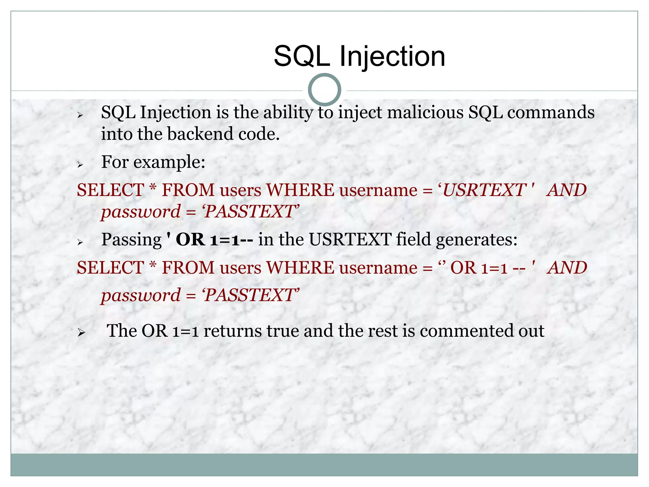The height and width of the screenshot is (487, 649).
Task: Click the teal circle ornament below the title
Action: tap(324, 90)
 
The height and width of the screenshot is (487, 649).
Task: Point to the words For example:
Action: tap(153, 162)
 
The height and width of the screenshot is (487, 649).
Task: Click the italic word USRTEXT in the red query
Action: tap(484, 190)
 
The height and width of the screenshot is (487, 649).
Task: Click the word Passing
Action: tap(131, 240)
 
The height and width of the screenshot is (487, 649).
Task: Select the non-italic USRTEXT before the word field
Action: tap(350, 239)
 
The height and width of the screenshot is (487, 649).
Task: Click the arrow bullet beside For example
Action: tap(80, 165)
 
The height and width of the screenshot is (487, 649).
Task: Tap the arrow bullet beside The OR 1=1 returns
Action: tap(81, 333)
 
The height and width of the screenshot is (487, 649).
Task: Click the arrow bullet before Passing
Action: tap(80, 242)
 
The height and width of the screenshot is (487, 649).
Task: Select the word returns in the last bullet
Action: tap(233, 331)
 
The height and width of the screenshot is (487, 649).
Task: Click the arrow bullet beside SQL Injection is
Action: tap(80, 115)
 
